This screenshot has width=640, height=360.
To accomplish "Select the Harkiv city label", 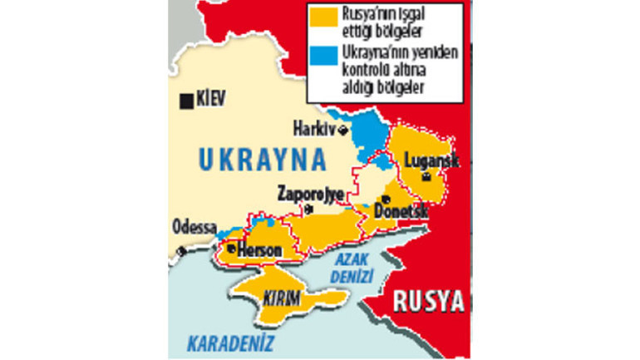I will [x=313, y=129].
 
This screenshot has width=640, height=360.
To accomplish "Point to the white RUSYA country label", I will [x=427, y=300].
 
